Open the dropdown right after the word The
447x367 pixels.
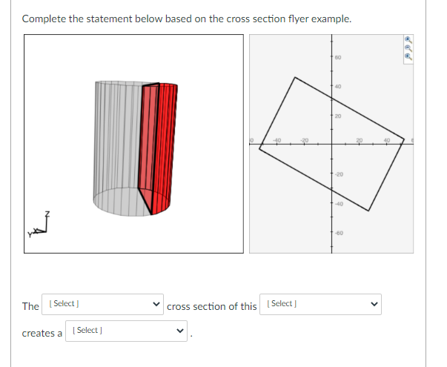tap(103, 305)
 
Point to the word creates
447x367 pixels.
tap(37, 333)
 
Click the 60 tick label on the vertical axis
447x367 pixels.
tap(337, 57)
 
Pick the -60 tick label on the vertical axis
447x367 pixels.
tap(337, 233)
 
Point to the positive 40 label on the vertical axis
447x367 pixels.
tap(337, 87)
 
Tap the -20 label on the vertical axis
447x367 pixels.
tap(337, 174)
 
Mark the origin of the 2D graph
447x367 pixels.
tap(331, 145)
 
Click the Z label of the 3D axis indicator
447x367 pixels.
tap(49, 214)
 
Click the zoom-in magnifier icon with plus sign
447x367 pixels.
tap(407, 39)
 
